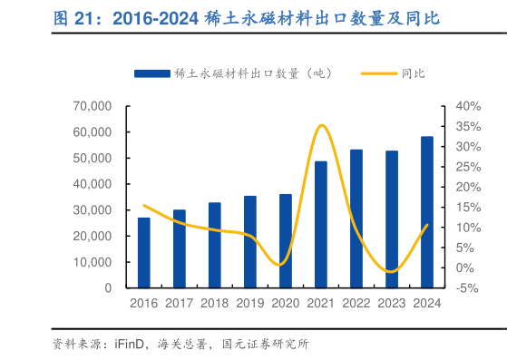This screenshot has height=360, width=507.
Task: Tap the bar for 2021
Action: tap(321, 225)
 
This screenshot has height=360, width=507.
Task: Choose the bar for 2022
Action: tap(356, 219)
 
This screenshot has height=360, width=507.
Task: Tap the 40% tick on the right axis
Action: tap(468, 106)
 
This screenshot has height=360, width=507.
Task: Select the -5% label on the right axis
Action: tap(468, 288)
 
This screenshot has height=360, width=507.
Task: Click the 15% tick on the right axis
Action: tap(468, 207)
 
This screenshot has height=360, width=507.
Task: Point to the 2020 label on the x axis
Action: tap(286, 305)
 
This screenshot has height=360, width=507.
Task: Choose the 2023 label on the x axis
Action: tap(392, 305)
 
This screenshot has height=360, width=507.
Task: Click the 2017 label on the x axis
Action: tap(180, 305)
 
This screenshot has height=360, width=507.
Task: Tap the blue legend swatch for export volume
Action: tap(151, 73)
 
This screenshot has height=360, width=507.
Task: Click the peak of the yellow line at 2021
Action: tap(322, 125)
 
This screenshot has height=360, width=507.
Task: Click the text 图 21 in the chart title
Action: tap(72, 18)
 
